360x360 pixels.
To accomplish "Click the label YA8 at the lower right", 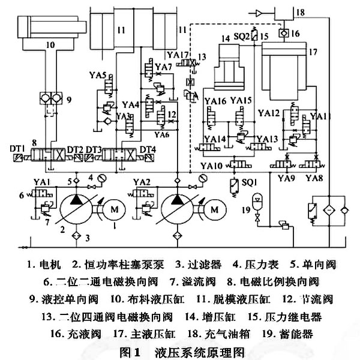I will (313, 178).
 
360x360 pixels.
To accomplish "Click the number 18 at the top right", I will (317, 13).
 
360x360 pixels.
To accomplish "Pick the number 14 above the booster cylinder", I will (225, 38).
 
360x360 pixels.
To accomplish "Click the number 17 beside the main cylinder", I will (313, 52).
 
